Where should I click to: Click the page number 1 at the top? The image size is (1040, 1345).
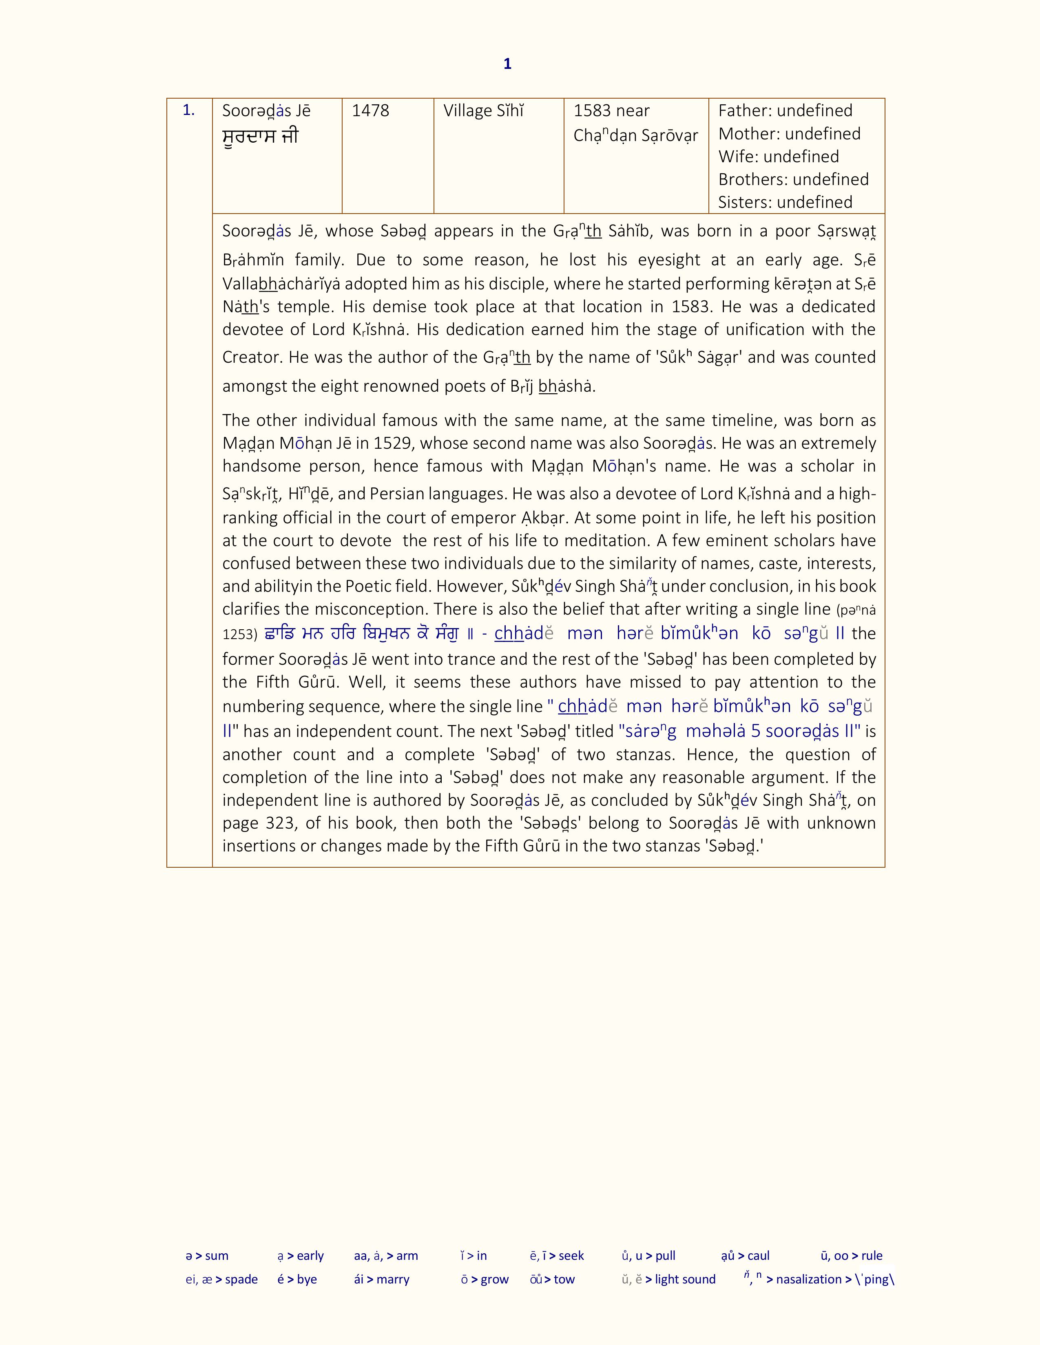(507, 64)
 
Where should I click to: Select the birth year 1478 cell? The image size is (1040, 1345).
(370, 111)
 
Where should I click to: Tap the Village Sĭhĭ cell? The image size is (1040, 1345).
(484, 111)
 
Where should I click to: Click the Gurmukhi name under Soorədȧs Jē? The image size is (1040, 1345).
(260, 136)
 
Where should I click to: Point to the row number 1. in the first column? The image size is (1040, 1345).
(188, 111)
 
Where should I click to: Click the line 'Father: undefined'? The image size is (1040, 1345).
(785, 111)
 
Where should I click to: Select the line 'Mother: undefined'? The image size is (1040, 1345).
(789, 134)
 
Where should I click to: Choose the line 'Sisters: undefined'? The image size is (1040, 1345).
(785, 202)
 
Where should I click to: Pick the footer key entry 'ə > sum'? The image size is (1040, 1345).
(207, 1256)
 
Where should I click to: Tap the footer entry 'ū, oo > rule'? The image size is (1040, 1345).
(852, 1256)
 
